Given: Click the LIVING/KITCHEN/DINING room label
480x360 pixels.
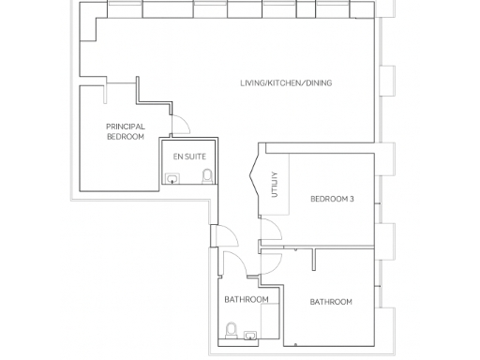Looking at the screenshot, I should tap(285, 82).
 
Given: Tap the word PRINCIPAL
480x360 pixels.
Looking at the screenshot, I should tap(125, 127).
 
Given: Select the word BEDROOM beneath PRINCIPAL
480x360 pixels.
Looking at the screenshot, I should tap(125, 137).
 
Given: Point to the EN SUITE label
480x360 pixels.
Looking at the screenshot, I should tap(190, 156).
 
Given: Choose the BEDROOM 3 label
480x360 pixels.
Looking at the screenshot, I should tap(333, 198).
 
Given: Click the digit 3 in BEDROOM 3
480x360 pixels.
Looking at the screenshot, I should tap(352, 198).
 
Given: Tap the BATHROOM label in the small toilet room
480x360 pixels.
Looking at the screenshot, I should tap(247, 299).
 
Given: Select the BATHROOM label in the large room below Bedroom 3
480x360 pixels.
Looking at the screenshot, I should tap(331, 301).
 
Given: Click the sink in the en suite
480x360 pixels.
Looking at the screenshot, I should tap(173, 176).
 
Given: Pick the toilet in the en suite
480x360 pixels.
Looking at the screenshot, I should tap(207, 175).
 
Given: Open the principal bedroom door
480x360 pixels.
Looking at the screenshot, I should tap(180, 126).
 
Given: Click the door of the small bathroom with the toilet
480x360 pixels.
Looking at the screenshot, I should tap(233, 263).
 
